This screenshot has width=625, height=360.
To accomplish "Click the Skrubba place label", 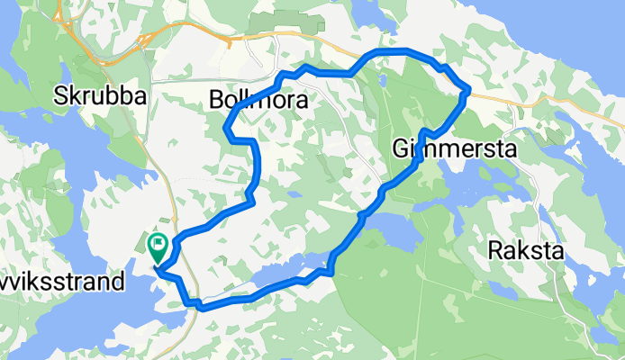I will pos(98,95).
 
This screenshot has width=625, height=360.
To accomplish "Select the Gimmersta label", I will pos(455,149).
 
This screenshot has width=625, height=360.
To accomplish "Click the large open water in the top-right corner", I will pos(558,27).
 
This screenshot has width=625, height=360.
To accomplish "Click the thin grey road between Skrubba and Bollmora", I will pos(180,81).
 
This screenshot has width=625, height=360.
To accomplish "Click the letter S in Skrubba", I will pos(59,95).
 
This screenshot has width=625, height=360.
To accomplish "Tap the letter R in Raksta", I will pos(494,251).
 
